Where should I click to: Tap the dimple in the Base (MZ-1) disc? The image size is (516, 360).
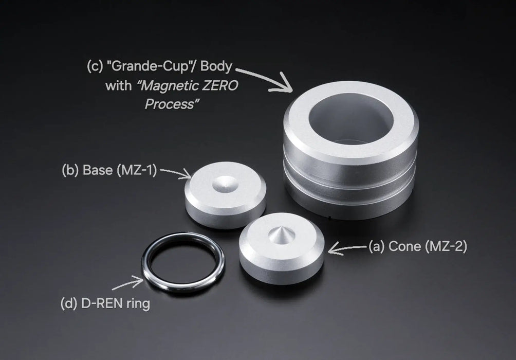(226, 184)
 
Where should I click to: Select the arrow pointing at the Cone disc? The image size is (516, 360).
(347, 248)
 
